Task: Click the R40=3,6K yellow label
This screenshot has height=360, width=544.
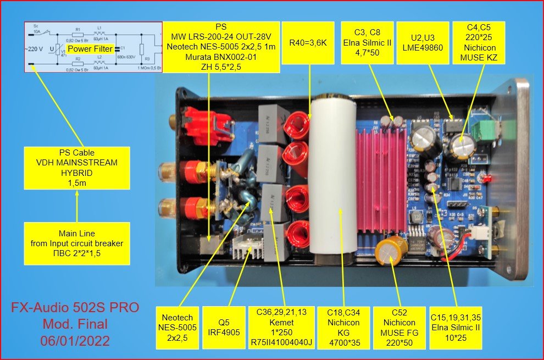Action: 309,40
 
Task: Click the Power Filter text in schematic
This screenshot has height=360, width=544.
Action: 90,49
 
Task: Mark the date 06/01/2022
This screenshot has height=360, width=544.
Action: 75,340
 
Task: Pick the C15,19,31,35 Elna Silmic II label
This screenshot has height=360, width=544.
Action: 455,328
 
